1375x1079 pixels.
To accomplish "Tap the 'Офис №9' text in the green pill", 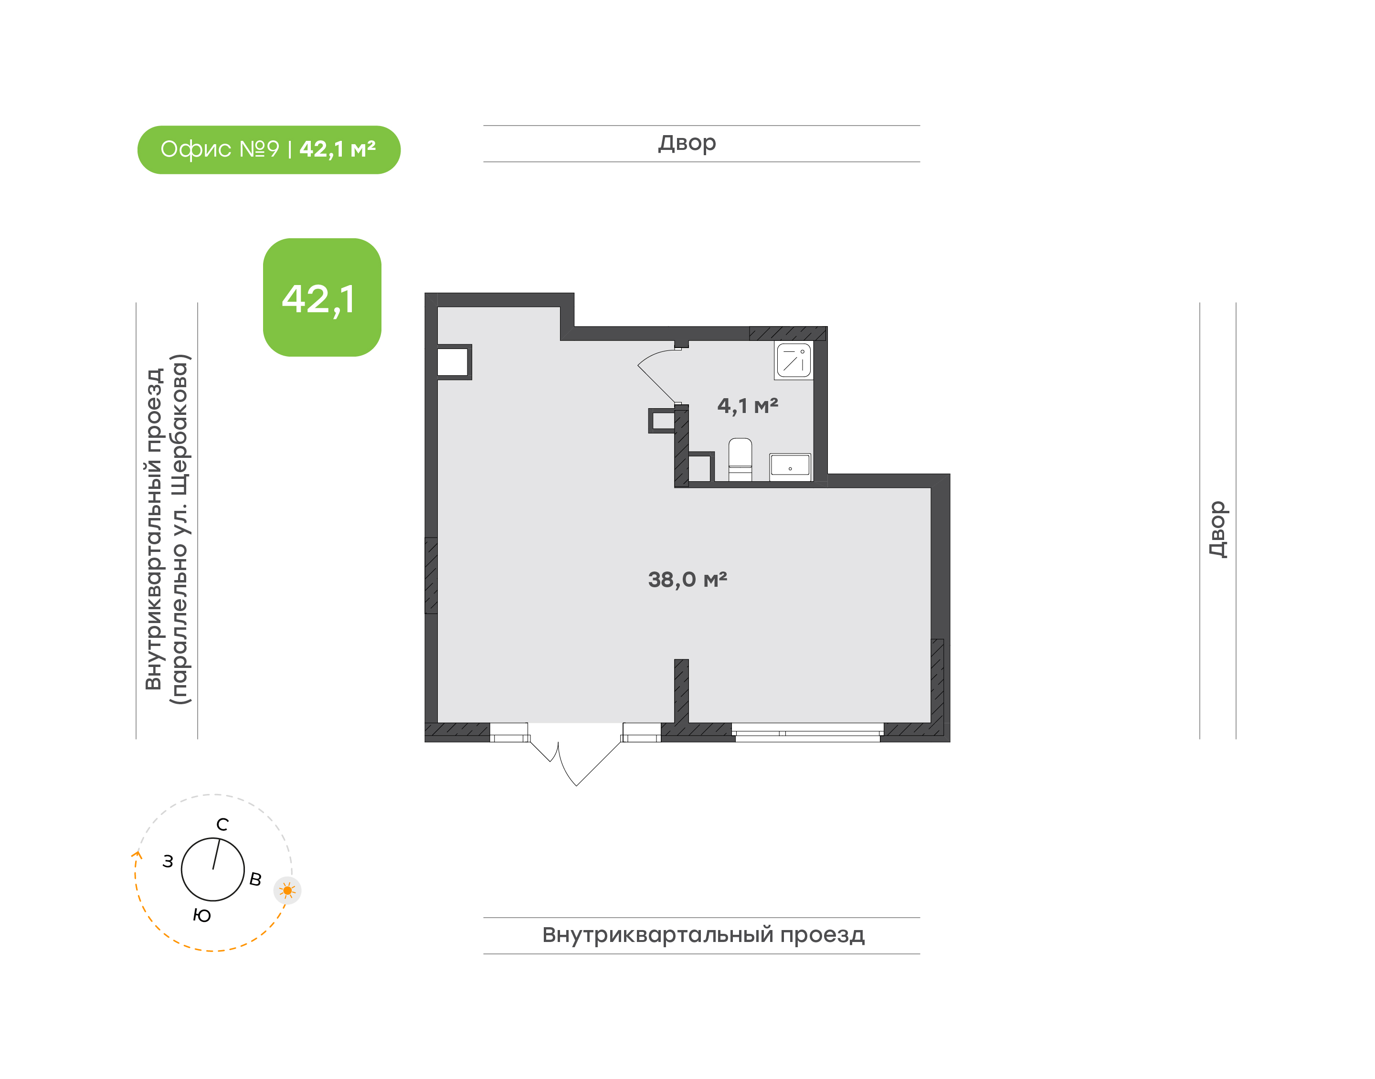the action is (x=219, y=149).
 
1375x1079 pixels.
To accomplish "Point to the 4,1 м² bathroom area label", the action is (x=747, y=405).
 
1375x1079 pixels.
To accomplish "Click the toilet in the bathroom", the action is (x=740, y=460).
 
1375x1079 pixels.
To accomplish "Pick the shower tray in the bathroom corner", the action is (x=793, y=360).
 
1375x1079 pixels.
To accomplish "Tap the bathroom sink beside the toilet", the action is (x=790, y=467).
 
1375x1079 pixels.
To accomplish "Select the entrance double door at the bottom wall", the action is (x=575, y=754).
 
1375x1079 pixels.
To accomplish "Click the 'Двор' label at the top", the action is (x=687, y=143).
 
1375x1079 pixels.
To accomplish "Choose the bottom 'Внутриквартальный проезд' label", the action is (x=703, y=935).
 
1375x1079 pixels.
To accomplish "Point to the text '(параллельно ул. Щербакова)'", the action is (x=180, y=529).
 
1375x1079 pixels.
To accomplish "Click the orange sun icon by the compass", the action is (x=287, y=891).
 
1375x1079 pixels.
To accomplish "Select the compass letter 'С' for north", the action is (x=222, y=825).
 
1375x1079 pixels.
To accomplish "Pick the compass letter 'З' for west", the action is (x=168, y=861).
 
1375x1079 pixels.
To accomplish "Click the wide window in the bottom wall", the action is (x=808, y=732).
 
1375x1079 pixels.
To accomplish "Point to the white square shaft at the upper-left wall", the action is (x=453, y=362).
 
